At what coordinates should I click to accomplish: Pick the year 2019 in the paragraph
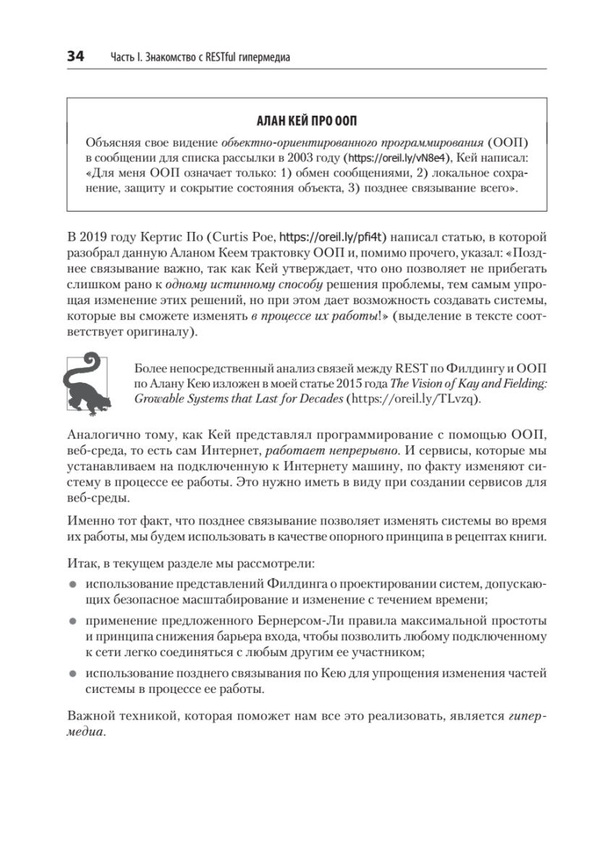pos(97,236)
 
